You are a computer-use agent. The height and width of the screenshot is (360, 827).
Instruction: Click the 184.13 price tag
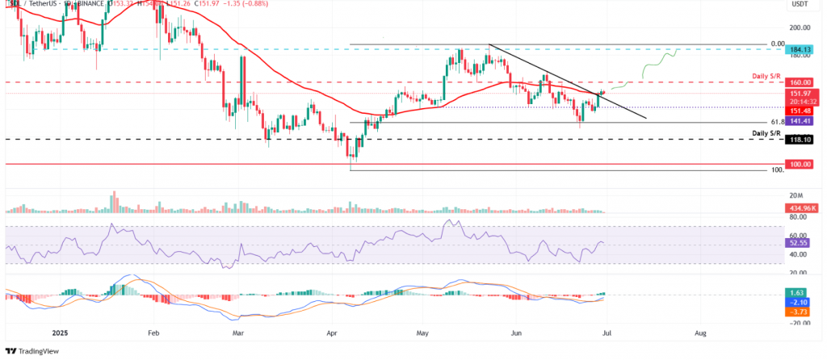click(x=800, y=49)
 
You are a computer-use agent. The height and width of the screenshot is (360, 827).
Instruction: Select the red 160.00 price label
click(x=800, y=82)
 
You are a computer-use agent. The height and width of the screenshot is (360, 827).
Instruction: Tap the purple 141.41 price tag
click(x=800, y=121)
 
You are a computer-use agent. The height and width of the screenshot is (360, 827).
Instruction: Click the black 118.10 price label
click(x=800, y=139)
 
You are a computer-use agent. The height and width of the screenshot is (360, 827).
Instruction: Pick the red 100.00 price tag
click(x=800, y=164)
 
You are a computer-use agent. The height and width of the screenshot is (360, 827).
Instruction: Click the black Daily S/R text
click(x=767, y=132)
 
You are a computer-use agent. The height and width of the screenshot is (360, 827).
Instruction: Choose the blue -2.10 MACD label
click(x=799, y=303)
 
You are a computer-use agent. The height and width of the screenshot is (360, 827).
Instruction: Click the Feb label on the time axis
click(x=153, y=332)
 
